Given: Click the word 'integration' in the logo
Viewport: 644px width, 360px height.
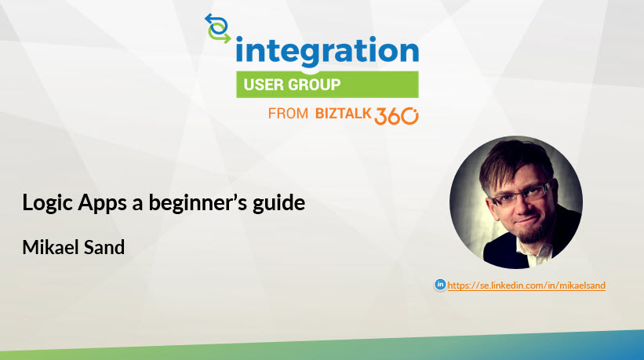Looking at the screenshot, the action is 327,51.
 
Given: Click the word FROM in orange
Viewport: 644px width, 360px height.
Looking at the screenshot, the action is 288,113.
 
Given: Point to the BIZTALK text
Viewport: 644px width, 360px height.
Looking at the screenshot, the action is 343,113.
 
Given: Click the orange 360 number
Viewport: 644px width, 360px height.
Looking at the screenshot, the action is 396,116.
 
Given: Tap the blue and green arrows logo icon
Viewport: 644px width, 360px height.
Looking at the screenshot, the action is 218,28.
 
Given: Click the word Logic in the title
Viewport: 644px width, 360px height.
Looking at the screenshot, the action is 48,203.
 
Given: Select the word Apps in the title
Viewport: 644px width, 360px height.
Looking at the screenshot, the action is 102,203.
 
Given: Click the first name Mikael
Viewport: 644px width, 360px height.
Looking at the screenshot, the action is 50,247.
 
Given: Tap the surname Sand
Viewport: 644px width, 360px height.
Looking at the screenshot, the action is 104,247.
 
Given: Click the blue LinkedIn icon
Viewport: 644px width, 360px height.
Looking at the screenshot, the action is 440,284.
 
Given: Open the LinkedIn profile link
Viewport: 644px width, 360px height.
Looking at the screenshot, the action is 526,285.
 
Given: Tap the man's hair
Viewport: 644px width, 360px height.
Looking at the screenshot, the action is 513,162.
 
